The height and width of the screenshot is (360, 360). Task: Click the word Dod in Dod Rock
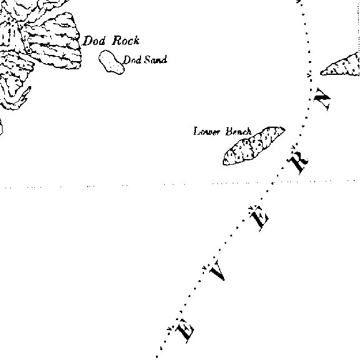(x=94, y=41)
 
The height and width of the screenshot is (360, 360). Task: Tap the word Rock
(x=125, y=41)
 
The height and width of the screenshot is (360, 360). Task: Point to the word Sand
(x=155, y=60)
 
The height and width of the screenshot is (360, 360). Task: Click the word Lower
(x=207, y=132)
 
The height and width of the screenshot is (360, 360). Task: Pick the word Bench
(x=238, y=132)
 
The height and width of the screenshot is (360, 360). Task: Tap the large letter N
(x=323, y=99)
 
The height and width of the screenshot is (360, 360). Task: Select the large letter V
(x=217, y=270)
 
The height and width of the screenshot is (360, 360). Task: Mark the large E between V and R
(x=259, y=218)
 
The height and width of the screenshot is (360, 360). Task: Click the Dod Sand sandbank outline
(x=112, y=62)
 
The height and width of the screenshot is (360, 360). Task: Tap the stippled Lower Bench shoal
(x=254, y=145)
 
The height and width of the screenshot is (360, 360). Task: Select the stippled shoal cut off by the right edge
(x=341, y=65)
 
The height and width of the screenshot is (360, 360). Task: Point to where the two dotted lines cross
(x=273, y=183)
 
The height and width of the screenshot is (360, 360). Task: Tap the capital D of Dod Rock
(x=87, y=41)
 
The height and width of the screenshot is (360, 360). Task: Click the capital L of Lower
(x=197, y=131)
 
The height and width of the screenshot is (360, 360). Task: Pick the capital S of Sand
(x=147, y=60)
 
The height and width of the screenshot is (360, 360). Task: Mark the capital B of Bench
(x=229, y=131)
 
